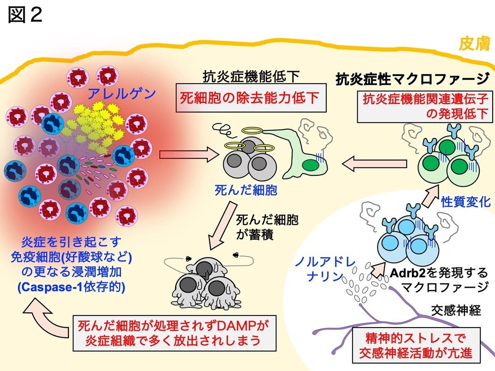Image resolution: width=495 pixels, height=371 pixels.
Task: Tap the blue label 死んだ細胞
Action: (246, 190)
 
